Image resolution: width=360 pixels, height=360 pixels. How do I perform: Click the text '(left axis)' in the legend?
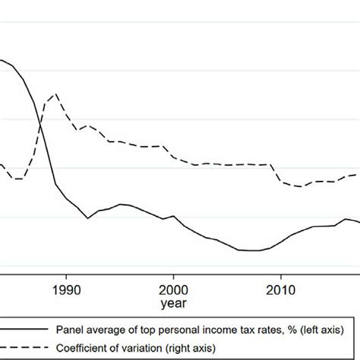pyautogui.click(x=319, y=329)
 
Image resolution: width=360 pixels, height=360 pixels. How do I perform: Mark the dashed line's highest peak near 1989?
pyautogui.click(x=55, y=94)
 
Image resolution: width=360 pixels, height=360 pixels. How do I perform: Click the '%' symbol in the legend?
pyautogui.click(x=287, y=329)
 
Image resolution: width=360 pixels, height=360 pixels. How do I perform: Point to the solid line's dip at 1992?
pyautogui.click(x=88, y=218)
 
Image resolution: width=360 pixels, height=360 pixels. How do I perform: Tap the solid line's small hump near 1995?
pyautogui.click(x=122, y=204)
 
